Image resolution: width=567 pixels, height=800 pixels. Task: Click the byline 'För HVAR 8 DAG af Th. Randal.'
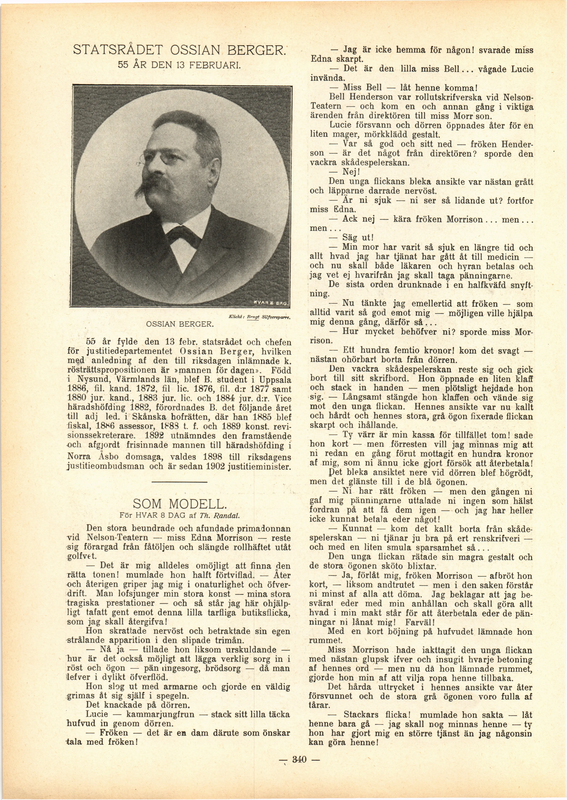click(179, 515)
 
